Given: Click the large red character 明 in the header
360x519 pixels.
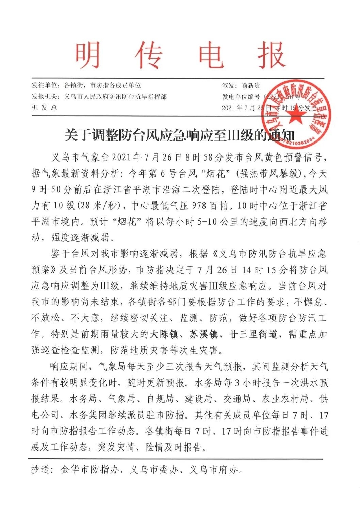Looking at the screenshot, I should (x=88, y=56).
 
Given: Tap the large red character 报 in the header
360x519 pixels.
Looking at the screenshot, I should (x=271, y=56).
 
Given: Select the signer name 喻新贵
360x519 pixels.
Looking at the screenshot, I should (x=251, y=86).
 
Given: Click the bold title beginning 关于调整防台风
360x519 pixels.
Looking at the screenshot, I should (x=180, y=135).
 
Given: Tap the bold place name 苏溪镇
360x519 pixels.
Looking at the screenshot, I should (x=204, y=334).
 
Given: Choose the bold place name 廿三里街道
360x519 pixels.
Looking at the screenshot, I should (x=253, y=334).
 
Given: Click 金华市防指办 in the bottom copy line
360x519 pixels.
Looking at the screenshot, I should (x=90, y=470).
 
